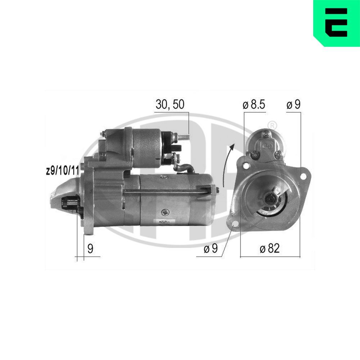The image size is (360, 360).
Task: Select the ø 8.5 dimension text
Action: [254, 105]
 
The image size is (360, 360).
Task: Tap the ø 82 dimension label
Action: [269, 248]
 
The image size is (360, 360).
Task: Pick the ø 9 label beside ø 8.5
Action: [293, 105]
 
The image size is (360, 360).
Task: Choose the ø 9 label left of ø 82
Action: [211, 249]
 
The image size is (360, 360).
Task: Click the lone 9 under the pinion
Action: [90, 249]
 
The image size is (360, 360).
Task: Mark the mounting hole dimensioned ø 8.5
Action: [247, 166]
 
